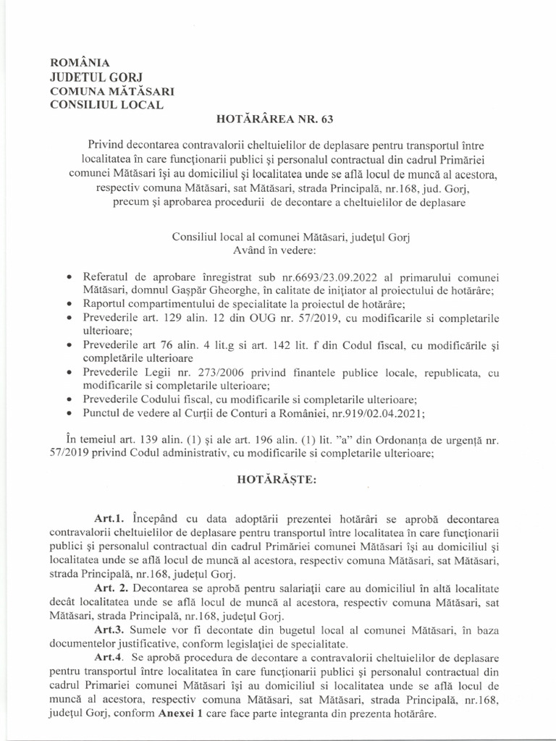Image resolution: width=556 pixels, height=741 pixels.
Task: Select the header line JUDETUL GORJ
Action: click(93, 77)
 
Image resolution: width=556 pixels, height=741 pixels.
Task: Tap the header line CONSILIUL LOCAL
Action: click(106, 104)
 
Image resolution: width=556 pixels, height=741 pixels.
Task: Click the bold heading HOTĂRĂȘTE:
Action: click(278, 480)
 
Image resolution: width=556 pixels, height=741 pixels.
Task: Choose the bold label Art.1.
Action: click(110, 520)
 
